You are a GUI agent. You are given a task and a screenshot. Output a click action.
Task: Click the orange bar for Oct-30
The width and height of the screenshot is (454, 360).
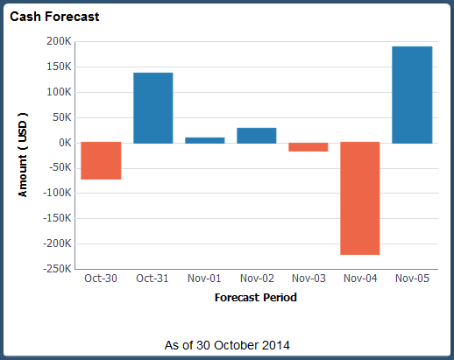coord(101,160)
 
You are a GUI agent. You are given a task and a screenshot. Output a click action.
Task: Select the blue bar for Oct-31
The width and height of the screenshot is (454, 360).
coord(153,108)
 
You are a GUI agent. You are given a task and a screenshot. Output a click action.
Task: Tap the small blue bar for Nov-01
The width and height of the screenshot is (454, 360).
coord(204,139)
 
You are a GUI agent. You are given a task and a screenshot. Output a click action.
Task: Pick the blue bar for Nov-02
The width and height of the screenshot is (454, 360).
coord(256,135)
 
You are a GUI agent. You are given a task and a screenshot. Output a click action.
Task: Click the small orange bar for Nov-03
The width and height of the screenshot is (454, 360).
coord(308,147)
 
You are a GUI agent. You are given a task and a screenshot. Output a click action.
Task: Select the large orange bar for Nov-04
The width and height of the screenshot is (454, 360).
coord(359,198)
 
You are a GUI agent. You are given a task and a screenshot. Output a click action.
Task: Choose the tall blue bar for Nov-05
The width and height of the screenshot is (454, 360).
coord(411,95)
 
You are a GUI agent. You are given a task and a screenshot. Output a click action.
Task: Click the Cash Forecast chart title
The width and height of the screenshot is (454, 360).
coord(54,17)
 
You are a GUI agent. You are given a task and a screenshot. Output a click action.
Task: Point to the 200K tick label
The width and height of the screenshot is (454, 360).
coord(58,41)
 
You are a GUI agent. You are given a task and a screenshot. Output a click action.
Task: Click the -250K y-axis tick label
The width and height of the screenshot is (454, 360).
coord(54,269)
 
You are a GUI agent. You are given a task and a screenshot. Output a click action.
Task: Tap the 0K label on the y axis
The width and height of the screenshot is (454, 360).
coord(62,143)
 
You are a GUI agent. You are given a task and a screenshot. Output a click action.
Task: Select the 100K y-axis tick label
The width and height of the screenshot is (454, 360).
coord(58,92)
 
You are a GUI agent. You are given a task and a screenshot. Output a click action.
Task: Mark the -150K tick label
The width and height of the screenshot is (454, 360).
coord(54,218)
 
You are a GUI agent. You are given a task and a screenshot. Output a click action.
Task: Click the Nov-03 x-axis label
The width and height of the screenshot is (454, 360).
coord(308,279)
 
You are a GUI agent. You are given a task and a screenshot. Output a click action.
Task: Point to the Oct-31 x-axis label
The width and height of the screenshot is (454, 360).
coord(153,279)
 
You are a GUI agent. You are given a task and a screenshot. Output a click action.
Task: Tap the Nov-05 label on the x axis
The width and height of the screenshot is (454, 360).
coord(411,279)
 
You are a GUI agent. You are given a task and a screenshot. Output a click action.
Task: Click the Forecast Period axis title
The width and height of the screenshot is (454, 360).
coord(255,298)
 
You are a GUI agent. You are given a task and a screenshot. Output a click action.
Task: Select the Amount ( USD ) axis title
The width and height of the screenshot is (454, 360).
coord(24,154)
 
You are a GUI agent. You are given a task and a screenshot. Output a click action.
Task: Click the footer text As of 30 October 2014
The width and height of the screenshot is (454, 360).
coord(227,344)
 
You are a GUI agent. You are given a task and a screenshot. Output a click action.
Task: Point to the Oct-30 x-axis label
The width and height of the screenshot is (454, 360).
coord(101,279)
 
